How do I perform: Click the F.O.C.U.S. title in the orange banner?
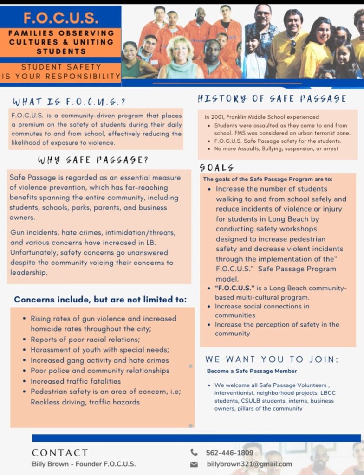pos(61,18)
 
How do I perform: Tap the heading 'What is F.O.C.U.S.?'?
pos(69,102)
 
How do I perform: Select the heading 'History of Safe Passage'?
pos(272,98)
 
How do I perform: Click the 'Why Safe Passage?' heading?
pos(93,160)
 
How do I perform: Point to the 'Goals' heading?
pos(216,167)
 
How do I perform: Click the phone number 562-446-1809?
pos(229,452)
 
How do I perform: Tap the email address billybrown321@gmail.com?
pos(249,464)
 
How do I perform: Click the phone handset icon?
pos(194,452)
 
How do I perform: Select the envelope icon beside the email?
pos(194,464)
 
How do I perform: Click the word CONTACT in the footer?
pos(59,453)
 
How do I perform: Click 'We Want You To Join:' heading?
pos(272,359)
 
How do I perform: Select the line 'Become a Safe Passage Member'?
pos(252,371)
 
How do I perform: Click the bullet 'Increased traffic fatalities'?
pos(76,381)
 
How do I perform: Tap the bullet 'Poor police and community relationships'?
pos(100,371)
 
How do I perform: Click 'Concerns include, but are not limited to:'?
pos(100,300)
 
